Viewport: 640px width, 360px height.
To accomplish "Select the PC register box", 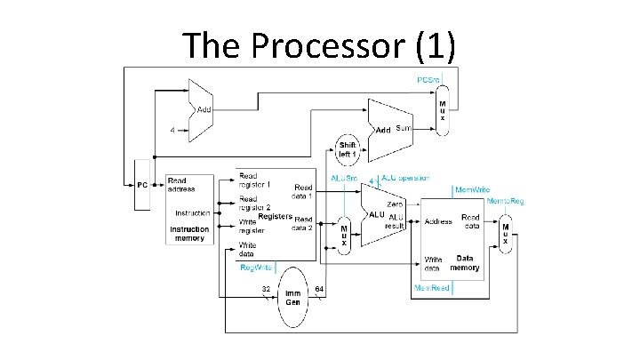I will (141, 185).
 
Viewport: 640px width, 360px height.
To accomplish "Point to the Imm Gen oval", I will (291, 298).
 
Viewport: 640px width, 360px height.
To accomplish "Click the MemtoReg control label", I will (505, 202).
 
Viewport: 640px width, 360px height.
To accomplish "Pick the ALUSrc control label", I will (344, 178).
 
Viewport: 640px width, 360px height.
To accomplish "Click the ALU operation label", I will (404, 178).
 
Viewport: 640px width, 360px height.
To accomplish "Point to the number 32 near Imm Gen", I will (265, 289).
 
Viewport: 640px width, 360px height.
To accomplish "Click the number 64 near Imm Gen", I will (318, 289).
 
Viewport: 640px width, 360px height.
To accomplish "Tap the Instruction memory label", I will (189, 234).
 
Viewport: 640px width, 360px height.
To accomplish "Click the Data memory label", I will (464, 263).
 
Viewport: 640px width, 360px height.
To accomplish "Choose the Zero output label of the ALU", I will (396, 205).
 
